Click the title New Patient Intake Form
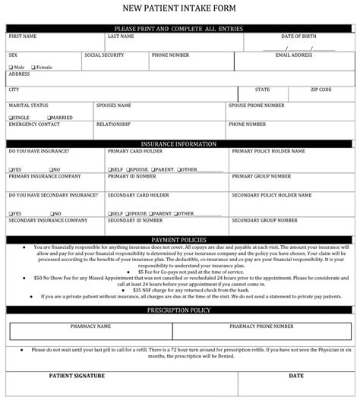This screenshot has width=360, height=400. pos(179,9)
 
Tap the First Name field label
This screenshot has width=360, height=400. pos(23,36)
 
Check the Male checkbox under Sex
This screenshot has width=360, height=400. pos(11,67)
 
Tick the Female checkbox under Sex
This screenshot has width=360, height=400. pos(32,67)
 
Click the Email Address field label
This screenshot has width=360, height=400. pos(294,55)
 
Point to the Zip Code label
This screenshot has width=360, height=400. pos(321,90)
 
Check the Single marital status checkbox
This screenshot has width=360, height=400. pos(11,118)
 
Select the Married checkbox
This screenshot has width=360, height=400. pos(49,118)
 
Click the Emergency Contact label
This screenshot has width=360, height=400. pos(33,124)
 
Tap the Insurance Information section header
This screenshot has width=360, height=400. pos(179,143)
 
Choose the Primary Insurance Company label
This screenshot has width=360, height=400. pos(44,175)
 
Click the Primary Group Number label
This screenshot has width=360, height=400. pos(261,175)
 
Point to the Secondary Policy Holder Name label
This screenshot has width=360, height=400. pos(269,194)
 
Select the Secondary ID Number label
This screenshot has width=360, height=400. pos(134,220)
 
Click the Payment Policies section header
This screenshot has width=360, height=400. pos(179,239)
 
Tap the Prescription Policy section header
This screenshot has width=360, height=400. pos(179,311)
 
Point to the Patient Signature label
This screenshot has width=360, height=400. pos(76,375)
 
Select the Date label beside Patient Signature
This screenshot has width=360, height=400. pos(296,375)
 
